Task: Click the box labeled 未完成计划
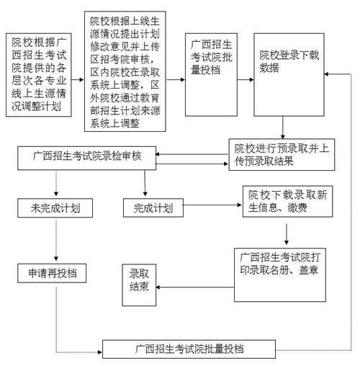[55, 209]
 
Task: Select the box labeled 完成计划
[153, 209]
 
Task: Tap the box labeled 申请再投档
[55, 274]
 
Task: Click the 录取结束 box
[139, 281]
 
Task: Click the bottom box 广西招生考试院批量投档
[189, 349]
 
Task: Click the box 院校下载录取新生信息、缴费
[286, 202]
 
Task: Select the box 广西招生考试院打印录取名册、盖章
[280, 274]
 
